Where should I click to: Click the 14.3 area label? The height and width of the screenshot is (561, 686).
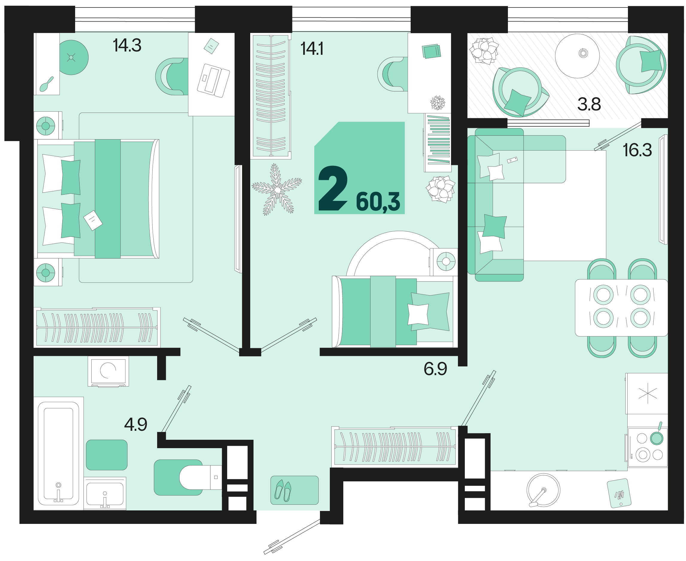pyautogui.click(x=127, y=46)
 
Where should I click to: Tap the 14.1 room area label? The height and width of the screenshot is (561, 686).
pyautogui.click(x=312, y=49)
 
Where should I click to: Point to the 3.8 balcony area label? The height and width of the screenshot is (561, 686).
pyautogui.click(x=589, y=104)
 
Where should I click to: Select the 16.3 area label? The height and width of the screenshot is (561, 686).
pyautogui.click(x=637, y=150)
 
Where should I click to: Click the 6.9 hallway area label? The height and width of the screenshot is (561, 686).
pyautogui.click(x=435, y=369)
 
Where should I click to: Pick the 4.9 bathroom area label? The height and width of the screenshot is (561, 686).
pyautogui.click(x=136, y=424)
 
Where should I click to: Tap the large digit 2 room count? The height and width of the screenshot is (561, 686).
pyautogui.click(x=333, y=188)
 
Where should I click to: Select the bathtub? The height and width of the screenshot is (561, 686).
pyautogui.click(x=58, y=454)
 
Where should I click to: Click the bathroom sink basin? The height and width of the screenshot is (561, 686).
pyautogui.click(x=105, y=493)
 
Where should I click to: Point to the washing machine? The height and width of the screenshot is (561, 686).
pyautogui.click(x=108, y=371)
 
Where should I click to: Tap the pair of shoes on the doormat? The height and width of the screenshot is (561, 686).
pyautogui.click(x=283, y=491)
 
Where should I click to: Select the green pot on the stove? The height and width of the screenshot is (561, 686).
pyautogui.click(x=657, y=438)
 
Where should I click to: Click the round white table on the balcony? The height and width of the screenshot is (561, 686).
pyautogui.click(x=577, y=56)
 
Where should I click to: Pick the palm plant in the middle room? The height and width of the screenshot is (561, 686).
pyautogui.click(x=277, y=189)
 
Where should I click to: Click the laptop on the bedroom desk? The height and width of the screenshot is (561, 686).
pyautogui.click(x=213, y=81)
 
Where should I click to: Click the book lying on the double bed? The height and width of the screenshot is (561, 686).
pyautogui.click(x=93, y=220)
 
